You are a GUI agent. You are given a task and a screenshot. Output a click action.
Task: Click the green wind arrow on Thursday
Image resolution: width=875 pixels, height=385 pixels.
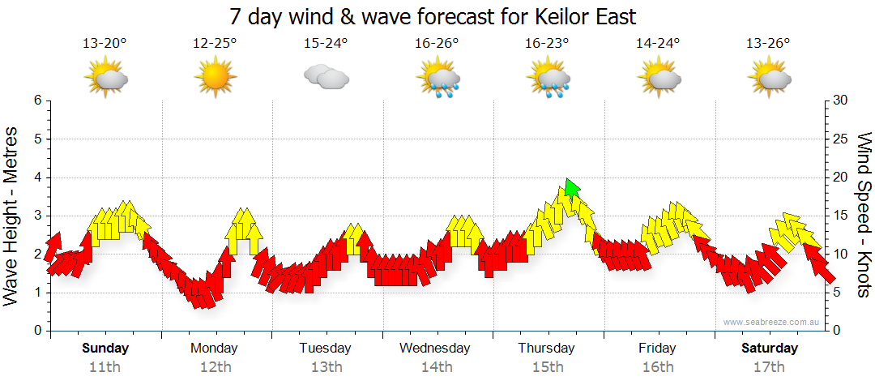[x=572, y=188]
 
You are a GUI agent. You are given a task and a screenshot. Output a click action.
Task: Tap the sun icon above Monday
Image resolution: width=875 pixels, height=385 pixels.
[x=215, y=78]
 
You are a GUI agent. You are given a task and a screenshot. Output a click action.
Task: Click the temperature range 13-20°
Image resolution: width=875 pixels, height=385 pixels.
[x=105, y=43]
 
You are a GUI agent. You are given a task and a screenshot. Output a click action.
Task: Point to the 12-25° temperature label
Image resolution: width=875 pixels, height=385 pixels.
[x=215, y=43]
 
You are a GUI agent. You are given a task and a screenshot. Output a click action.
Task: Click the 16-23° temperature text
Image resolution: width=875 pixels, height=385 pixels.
[x=547, y=43]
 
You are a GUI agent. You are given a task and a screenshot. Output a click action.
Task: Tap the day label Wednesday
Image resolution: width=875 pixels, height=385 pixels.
[x=435, y=349]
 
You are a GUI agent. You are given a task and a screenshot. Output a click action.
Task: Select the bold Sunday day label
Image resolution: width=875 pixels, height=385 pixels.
[x=105, y=349]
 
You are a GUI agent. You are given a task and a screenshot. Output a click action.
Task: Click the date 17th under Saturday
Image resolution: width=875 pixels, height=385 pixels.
[x=769, y=367]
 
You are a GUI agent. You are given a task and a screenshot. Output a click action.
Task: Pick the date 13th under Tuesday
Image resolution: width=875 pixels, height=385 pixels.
[x=326, y=367]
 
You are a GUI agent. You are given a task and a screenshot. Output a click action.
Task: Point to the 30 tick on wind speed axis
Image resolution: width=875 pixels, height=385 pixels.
[x=841, y=101]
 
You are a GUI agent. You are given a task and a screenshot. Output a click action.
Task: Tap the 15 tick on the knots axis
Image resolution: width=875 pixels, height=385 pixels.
[x=841, y=216]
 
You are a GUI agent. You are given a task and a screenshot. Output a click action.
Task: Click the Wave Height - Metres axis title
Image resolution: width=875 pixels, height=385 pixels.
[x=13, y=216]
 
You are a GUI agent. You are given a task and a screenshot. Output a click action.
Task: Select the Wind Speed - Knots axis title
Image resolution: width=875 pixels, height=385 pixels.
[x=864, y=216]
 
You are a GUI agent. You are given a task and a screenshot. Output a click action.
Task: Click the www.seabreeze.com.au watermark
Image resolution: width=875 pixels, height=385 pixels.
[x=773, y=323]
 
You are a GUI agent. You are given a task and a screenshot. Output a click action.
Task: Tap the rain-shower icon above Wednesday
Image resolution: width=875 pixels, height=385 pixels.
[x=438, y=79]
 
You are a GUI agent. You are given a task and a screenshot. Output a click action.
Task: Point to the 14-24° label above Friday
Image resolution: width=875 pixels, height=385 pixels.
[x=657, y=43]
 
